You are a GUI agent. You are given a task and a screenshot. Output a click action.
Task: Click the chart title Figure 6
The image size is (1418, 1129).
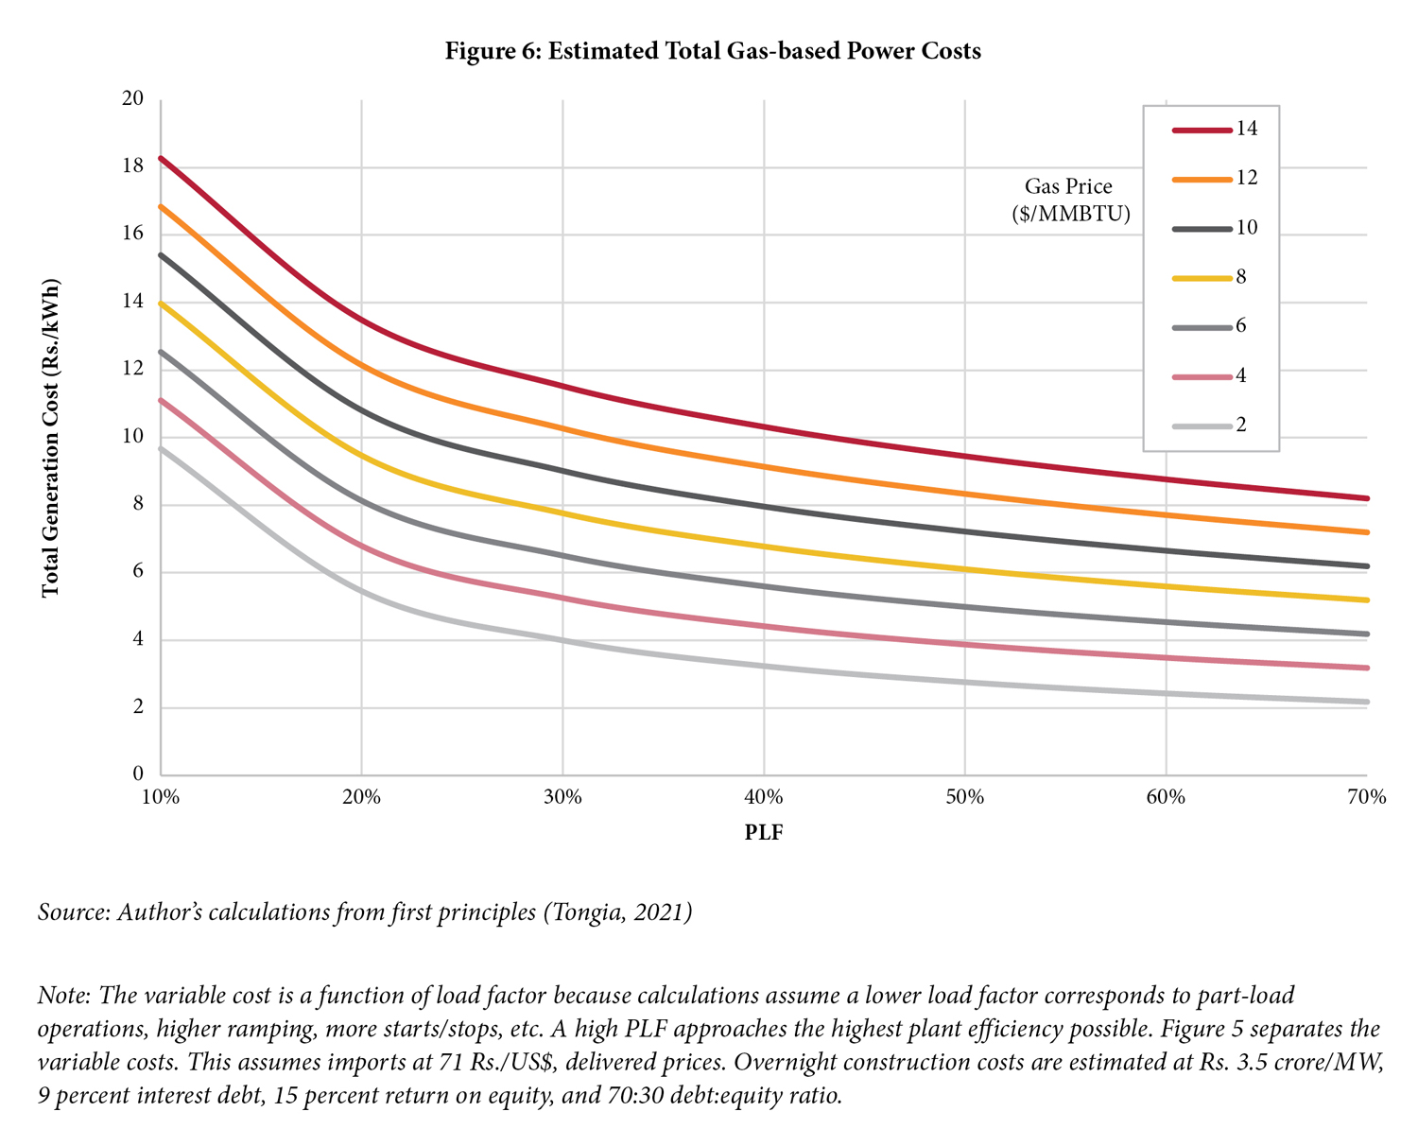[x=713, y=51]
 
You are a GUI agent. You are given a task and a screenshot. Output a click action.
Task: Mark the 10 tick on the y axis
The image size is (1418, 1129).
[x=131, y=437]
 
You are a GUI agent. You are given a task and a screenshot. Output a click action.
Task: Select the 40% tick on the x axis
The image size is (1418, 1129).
[x=763, y=797]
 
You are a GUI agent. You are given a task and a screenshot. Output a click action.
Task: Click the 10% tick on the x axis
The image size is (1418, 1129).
[x=161, y=797]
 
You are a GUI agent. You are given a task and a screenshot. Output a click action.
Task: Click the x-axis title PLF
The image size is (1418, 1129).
[x=764, y=833]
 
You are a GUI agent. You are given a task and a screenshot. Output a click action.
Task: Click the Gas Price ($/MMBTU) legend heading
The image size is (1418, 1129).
[x=1069, y=200]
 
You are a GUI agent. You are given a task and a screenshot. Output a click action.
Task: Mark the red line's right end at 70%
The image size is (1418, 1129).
[x=1367, y=498]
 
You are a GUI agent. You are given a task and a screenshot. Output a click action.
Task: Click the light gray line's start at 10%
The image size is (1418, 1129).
[x=161, y=448]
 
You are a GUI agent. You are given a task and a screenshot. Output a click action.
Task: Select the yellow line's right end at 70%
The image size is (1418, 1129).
[x=1367, y=599]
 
